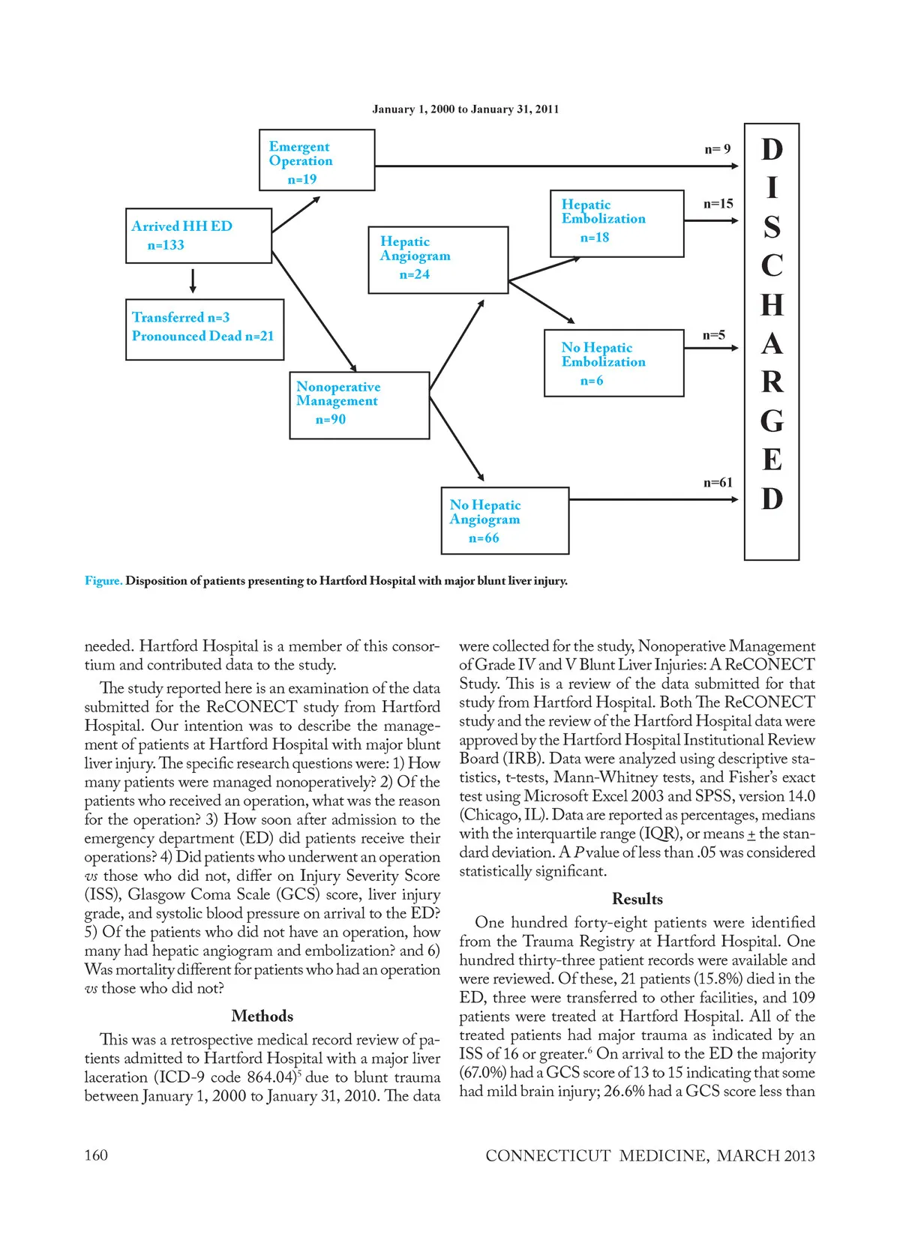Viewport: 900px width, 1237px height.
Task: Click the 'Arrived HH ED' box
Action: click(x=199, y=235)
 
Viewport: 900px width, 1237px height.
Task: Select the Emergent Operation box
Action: click(x=316, y=160)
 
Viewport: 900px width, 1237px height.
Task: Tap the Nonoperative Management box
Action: click(x=359, y=405)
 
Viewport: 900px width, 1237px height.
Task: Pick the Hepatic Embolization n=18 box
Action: click(x=616, y=223)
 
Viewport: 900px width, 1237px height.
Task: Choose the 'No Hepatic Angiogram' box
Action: click(x=505, y=521)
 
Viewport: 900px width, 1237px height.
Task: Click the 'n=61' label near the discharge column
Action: click(x=718, y=483)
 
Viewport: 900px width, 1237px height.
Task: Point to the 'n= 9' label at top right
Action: click(x=717, y=149)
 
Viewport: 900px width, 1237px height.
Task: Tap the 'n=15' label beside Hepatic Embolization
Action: click(x=718, y=204)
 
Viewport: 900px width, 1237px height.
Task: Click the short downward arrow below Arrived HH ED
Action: click(x=193, y=280)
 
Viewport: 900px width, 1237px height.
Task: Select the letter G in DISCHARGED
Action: click(x=772, y=421)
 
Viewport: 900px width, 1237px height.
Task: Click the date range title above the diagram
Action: click(x=465, y=109)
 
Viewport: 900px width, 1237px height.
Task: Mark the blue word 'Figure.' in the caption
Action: click(x=103, y=581)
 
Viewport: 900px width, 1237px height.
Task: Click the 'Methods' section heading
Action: click(x=262, y=1017)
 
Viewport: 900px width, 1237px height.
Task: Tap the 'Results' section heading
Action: click(x=637, y=899)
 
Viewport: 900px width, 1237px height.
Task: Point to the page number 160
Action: click(x=96, y=1155)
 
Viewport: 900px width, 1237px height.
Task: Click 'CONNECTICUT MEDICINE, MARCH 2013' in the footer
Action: click(x=649, y=1156)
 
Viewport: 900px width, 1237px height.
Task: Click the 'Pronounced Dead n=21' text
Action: click(x=202, y=337)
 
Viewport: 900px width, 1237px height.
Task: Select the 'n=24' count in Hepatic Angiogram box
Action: click(x=414, y=274)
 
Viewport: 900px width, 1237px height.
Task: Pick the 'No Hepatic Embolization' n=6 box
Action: click(x=613, y=363)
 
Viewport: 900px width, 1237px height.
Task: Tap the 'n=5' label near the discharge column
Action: click(x=713, y=335)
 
